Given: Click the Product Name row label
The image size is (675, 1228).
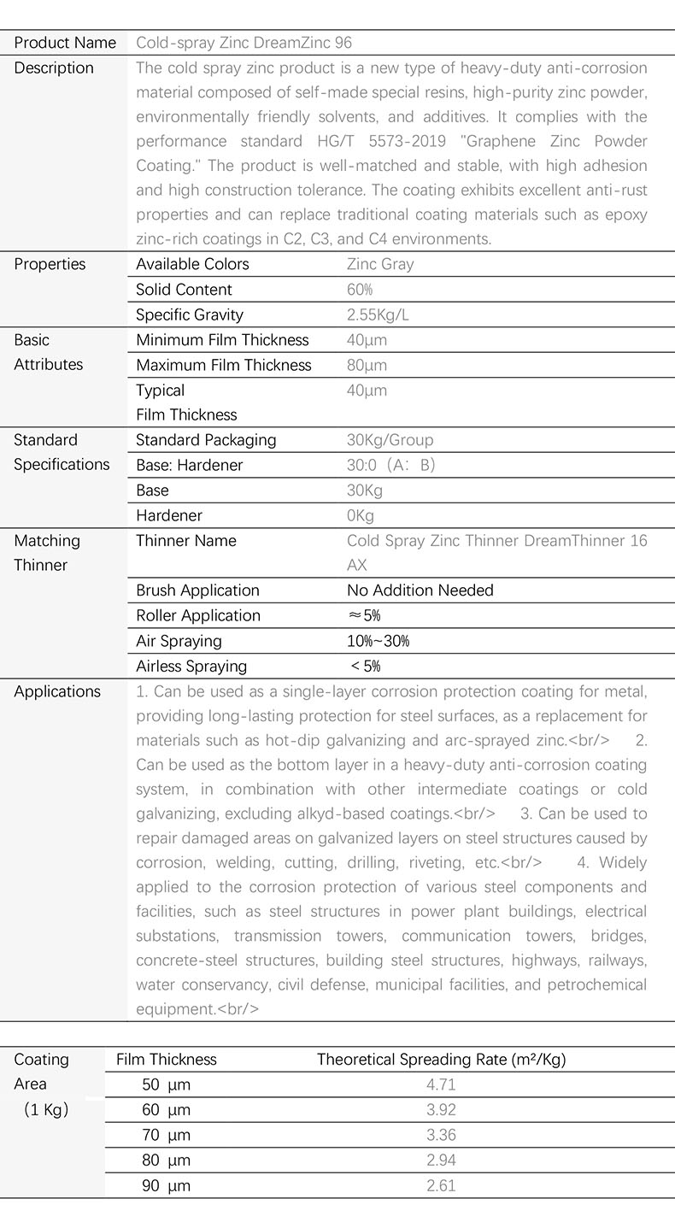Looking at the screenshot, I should [x=65, y=43].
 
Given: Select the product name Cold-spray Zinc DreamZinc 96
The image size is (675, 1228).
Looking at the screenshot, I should [x=244, y=43].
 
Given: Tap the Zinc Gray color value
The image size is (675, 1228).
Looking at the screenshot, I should [x=380, y=264].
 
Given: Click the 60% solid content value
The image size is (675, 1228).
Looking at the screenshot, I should [x=360, y=290].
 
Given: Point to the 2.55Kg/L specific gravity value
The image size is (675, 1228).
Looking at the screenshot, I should [x=378, y=314].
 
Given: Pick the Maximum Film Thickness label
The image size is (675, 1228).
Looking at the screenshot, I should [x=224, y=365].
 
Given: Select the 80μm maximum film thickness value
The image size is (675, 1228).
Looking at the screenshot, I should [x=367, y=365].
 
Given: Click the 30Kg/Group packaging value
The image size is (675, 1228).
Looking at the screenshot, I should [x=390, y=440].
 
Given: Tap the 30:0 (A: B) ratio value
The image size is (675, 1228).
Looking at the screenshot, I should [x=391, y=465].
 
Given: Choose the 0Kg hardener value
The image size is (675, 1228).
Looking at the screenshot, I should [x=361, y=515].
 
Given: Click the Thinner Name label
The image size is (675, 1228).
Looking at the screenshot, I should [x=186, y=541].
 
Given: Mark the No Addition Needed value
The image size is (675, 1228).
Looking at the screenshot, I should [x=420, y=590].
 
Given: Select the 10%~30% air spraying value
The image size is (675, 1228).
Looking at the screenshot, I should [x=378, y=641].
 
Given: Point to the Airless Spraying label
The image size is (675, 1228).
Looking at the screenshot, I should [x=191, y=667].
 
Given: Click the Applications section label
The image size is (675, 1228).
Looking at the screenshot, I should [x=57, y=691].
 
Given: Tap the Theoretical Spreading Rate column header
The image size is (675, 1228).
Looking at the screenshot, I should [x=441, y=1060].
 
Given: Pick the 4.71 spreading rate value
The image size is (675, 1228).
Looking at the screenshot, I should [x=441, y=1085].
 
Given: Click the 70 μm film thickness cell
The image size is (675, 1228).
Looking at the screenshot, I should [x=166, y=1135].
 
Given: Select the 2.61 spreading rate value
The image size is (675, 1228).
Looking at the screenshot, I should [x=441, y=1185].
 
